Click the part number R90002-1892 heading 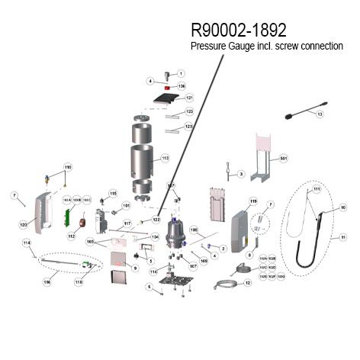point(238,30)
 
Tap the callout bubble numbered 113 point(164,159)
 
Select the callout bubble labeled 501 point(283,159)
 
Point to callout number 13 point(320,114)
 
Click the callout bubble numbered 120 point(23,225)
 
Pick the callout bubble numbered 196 point(47,281)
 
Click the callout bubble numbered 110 point(67,167)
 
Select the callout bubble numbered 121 point(188,98)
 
